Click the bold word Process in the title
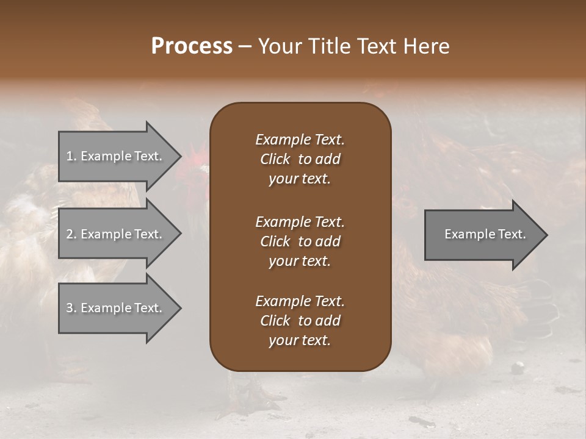click(192, 46)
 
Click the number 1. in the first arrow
click(71, 156)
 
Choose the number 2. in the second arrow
click(71, 234)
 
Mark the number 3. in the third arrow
click(71, 308)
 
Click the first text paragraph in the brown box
click(300, 159)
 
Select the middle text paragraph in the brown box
click(300, 241)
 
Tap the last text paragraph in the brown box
click(300, 321)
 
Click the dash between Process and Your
click(245, 47)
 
